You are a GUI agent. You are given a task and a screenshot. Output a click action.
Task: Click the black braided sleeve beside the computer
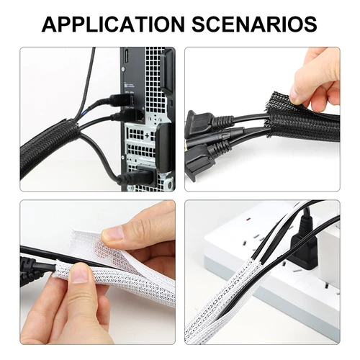coord(50,148)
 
